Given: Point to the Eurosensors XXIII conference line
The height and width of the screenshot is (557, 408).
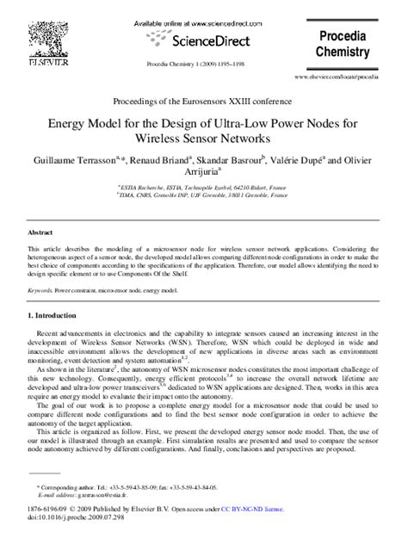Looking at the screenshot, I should [x=204, y=102].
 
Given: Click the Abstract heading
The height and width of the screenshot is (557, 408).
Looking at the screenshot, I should [x=40, y=233].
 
